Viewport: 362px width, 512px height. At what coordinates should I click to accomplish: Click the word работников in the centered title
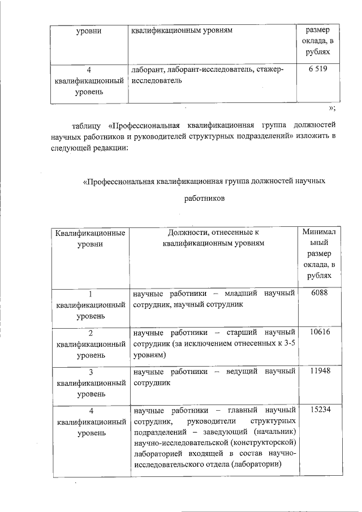click(x=204, y=199)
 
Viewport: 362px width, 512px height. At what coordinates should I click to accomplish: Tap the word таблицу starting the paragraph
click(x=87, y=125)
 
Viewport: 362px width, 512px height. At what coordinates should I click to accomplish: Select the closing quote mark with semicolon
click(x=333, y=109)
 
